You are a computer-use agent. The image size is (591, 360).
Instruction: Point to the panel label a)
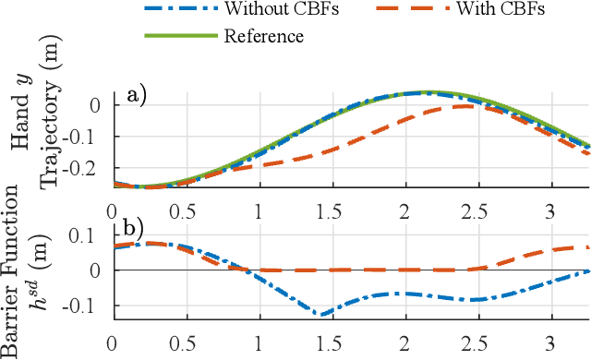pos(139,96)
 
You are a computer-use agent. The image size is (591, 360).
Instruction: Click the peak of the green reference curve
pos(427,92)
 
